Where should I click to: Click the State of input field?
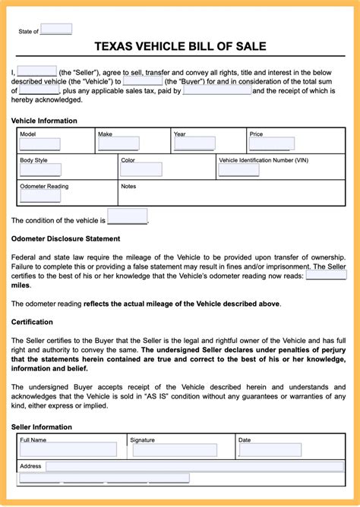pyautogui.click(x=55, y=30)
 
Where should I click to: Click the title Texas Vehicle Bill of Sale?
pyautogui.click(x=180, y=46)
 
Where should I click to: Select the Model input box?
pyautogui.click(x=39, y=144)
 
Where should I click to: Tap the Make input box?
pyautogui.click(x=118, y=144)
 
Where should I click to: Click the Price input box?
pyautogui.click(x=271, y=144)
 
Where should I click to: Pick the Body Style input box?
pyautogui.click(x=39, y=170)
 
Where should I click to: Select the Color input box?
pyautogui.click(x=141, y=170)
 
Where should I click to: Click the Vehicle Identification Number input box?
pyautogui.click(x=238, y=170)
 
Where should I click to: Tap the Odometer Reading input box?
pyautogui.click(x=39, y=196)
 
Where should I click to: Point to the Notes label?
pyautogui.click(x=128, y=186)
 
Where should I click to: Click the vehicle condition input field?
pyautogui.click(x=127, y=217)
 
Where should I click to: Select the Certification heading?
pyautogui.click(x=32, y=322)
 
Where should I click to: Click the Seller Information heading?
pyautogui.click(x=41, y=427)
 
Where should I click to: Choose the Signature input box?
pyautogui.click(x=174, y=450)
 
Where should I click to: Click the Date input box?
pyautogui.click(x=270, y=450)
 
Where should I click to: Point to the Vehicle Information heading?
pyautogui.click(x=44, y=121)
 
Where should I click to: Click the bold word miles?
pyautogui.click(x=21, y=285)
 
